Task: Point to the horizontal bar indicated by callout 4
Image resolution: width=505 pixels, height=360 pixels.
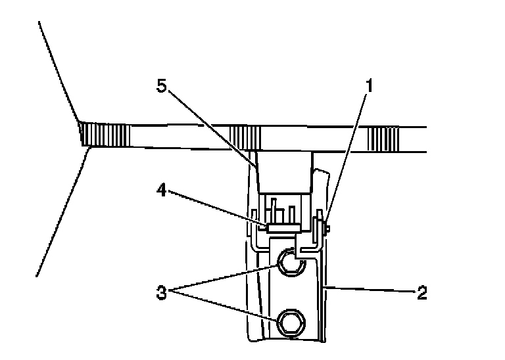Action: pyautogui.click(x=283, y=228)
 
